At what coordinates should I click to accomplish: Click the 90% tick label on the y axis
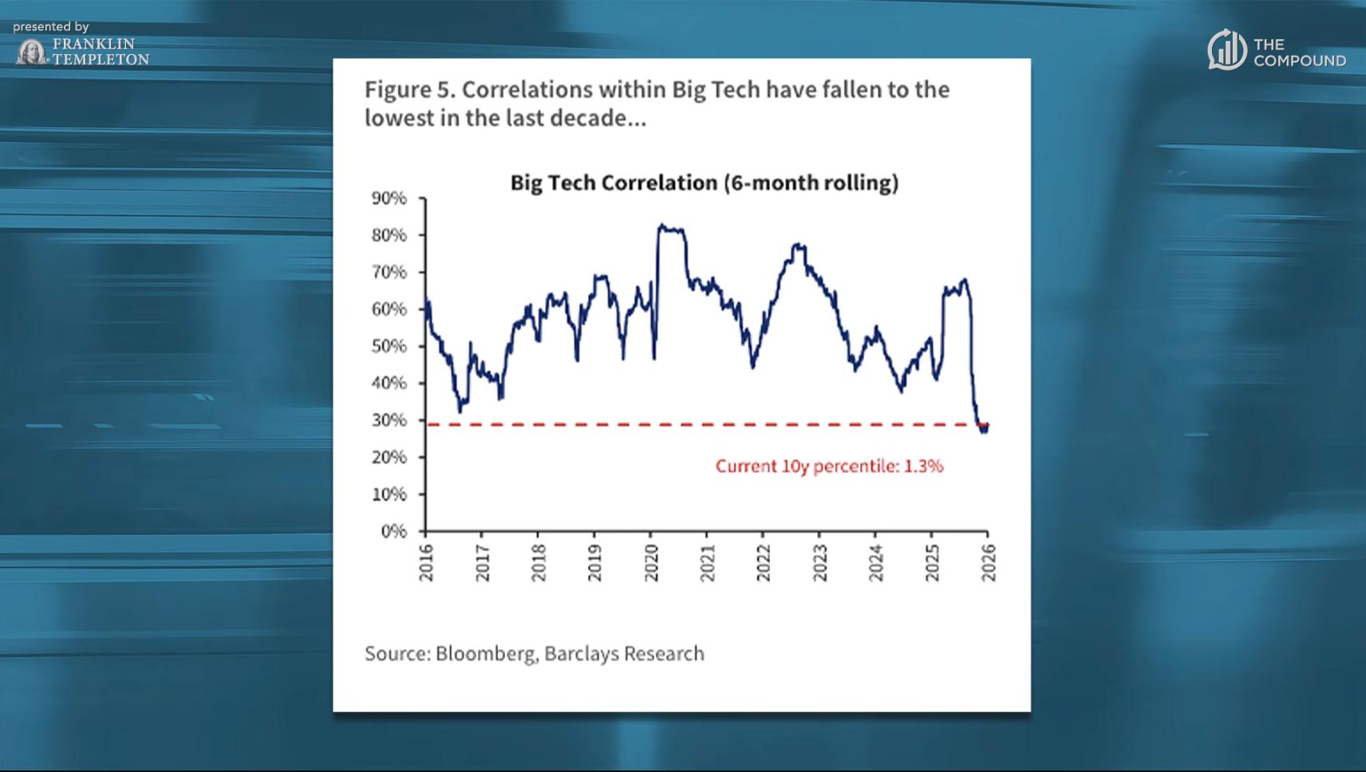click(389, 198)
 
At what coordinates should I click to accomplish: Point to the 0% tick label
click(393, 531)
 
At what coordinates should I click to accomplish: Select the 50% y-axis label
click(389, 346)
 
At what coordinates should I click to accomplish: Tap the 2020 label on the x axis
click(651, 563)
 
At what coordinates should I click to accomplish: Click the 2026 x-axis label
click(988, 563)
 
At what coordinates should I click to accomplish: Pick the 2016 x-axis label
click(426, 563)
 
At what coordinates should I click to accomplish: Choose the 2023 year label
click(819, 563)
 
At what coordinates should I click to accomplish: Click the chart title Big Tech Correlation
click(704, 183)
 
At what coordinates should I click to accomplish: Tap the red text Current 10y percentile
click(806, 466)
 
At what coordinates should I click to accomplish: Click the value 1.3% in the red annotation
click(923, 466)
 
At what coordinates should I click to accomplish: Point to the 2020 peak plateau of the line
click(671, 230)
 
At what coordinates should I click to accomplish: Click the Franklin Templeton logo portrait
click(32, 53)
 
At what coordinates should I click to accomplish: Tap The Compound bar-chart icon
click(1226, 50)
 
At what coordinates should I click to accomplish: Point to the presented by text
click(51, 27)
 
